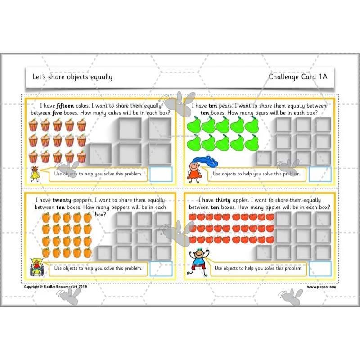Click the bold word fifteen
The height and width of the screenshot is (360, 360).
65,106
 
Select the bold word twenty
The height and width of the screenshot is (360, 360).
62,200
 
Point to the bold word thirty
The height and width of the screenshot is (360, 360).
223,200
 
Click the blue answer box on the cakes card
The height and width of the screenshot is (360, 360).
161,175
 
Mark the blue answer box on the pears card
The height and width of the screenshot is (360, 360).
320,175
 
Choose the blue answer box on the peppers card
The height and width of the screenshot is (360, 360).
161,269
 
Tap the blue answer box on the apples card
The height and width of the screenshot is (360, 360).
320,269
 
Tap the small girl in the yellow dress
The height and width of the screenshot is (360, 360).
35,174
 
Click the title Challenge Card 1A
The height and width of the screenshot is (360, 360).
298,76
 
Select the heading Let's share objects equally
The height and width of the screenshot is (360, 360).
72,77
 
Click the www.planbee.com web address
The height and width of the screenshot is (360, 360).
321,287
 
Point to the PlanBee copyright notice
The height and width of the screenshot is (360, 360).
55,287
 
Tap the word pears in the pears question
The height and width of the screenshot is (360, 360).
226,106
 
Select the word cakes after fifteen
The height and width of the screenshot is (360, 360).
82,106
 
